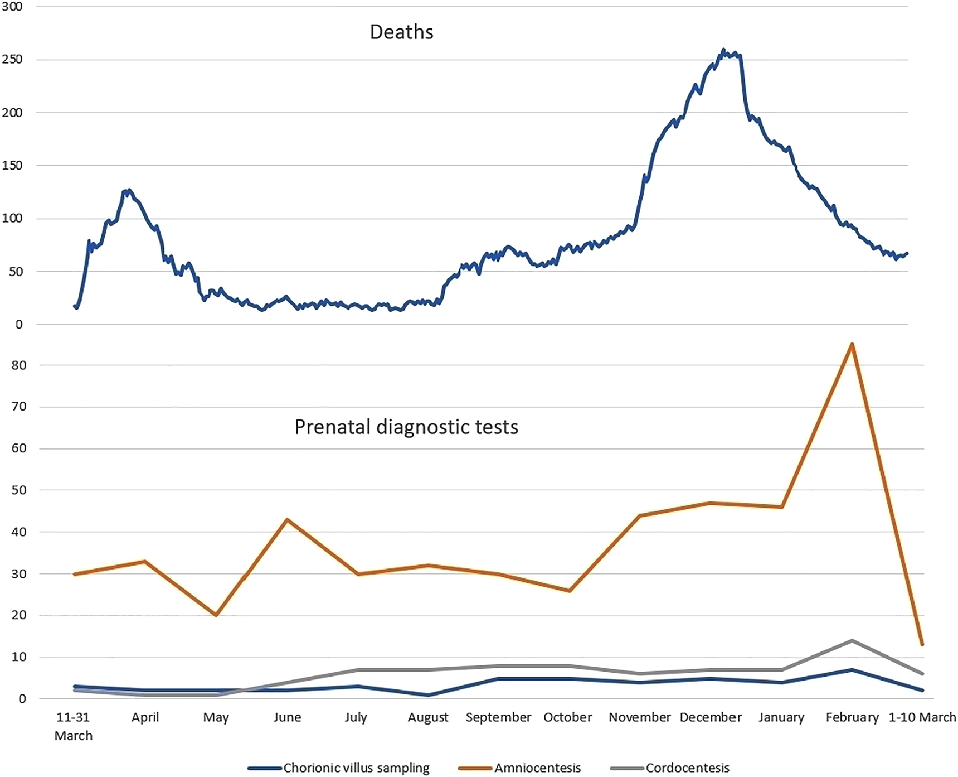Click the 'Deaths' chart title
401,32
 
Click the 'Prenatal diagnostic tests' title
406,427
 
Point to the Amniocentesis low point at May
216,615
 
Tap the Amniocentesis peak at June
287,519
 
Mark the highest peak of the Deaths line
723,50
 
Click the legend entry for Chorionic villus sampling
356,768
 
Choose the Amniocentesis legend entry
537,768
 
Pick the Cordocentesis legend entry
687,768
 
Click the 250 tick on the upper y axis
12,60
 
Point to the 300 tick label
12,7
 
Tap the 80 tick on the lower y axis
18,365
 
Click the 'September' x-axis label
498,717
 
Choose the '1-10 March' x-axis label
922,717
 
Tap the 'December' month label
711,717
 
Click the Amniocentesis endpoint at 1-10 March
922,644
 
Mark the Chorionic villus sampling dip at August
428,695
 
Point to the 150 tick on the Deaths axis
12,166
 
